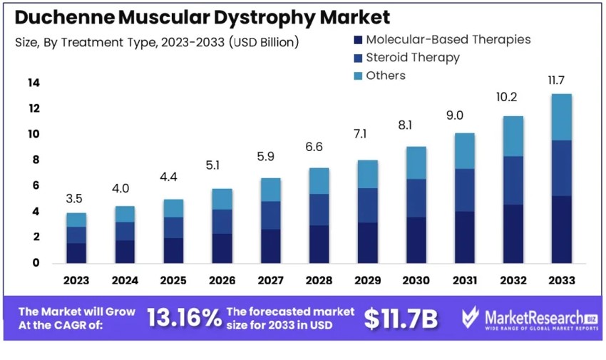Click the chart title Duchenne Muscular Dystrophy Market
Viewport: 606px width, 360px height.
pyautogui.click(x=202, y=17)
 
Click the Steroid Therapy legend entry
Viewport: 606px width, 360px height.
pyautogui.click(x=406, y=58)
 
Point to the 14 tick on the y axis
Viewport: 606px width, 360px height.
pyautogui.click(x=34, y=83)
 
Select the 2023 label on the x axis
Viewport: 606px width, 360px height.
pyautogui.click(x=76, y=280)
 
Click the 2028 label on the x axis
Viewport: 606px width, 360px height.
pyautogui.click(x=319, y=280)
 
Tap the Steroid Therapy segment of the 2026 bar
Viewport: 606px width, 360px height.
pyautogui.click(x=222, y=221)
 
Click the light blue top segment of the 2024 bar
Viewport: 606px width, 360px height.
pyautogui.click(x=125, y=214)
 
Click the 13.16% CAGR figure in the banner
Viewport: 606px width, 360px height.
pyautogui.click(x=184, y=319)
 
